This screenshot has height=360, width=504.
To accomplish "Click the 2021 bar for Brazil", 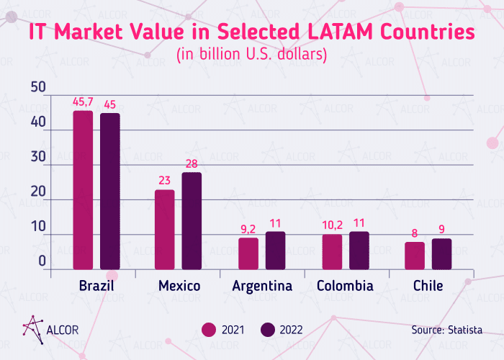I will [83, 190].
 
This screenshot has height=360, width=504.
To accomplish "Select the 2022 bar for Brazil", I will [110, 192].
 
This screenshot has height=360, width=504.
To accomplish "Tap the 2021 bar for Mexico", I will [165, 230].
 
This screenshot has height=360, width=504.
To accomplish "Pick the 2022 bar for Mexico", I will [192, 221].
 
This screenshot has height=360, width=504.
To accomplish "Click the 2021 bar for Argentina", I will [248, 253].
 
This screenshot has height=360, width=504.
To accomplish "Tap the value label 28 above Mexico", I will [192, 164].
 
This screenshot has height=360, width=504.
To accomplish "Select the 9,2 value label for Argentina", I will [248, 230].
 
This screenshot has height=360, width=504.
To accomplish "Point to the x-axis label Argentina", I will [262, 287].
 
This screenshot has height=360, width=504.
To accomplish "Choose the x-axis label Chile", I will [428, 287].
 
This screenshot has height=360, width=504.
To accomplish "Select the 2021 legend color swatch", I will [210, 330].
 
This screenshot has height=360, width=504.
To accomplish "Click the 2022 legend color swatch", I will [268, 330].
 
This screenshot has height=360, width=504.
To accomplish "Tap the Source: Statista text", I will [446, 330].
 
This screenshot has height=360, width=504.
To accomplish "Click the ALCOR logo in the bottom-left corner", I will [50, 328].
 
